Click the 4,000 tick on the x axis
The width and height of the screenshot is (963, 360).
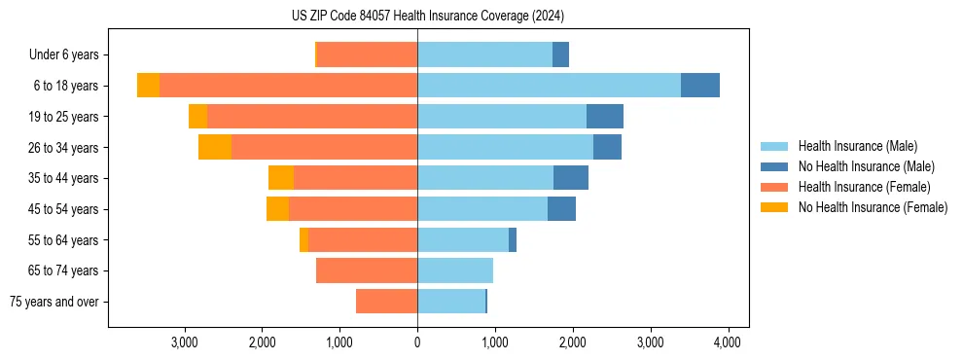(729, 342)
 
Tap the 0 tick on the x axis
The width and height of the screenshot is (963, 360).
(417, 342)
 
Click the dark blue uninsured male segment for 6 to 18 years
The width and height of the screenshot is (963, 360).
(699, 86)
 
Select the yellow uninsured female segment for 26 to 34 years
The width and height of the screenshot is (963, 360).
(215, 147)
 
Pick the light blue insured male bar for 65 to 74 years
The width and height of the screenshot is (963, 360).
(455, 270)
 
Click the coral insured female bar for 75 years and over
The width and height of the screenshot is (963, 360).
(386, 302)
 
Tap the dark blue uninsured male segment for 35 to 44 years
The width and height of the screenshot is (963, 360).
(571, 178)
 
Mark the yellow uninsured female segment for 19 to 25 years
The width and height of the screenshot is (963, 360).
(197, 117)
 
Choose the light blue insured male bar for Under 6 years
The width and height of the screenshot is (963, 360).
(484, 55)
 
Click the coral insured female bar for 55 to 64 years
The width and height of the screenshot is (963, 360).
(363, 240)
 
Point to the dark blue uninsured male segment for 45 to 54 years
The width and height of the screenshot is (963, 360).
(561, 209)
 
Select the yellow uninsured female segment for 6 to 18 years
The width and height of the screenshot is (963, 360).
(148, 86)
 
